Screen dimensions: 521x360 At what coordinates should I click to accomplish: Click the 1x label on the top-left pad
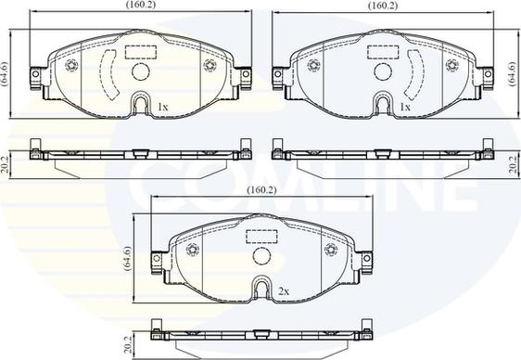(163, 107)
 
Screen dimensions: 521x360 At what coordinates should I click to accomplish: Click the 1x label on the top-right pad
(405, 107)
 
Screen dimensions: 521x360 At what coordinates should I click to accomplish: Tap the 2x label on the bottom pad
(284, 292)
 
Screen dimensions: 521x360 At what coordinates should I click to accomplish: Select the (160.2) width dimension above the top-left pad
(141, 5)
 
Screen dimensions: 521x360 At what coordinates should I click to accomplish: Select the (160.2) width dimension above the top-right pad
(383, 6)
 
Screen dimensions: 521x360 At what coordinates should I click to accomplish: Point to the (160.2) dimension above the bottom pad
(261, 190)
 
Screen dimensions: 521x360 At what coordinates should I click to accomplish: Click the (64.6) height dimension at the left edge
(5, 74)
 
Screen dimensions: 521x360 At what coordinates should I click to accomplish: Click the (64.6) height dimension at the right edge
(514, 74)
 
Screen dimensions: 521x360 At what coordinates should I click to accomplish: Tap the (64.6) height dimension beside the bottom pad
(127, 259)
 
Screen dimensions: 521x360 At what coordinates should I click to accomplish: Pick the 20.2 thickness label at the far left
(5, 165)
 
